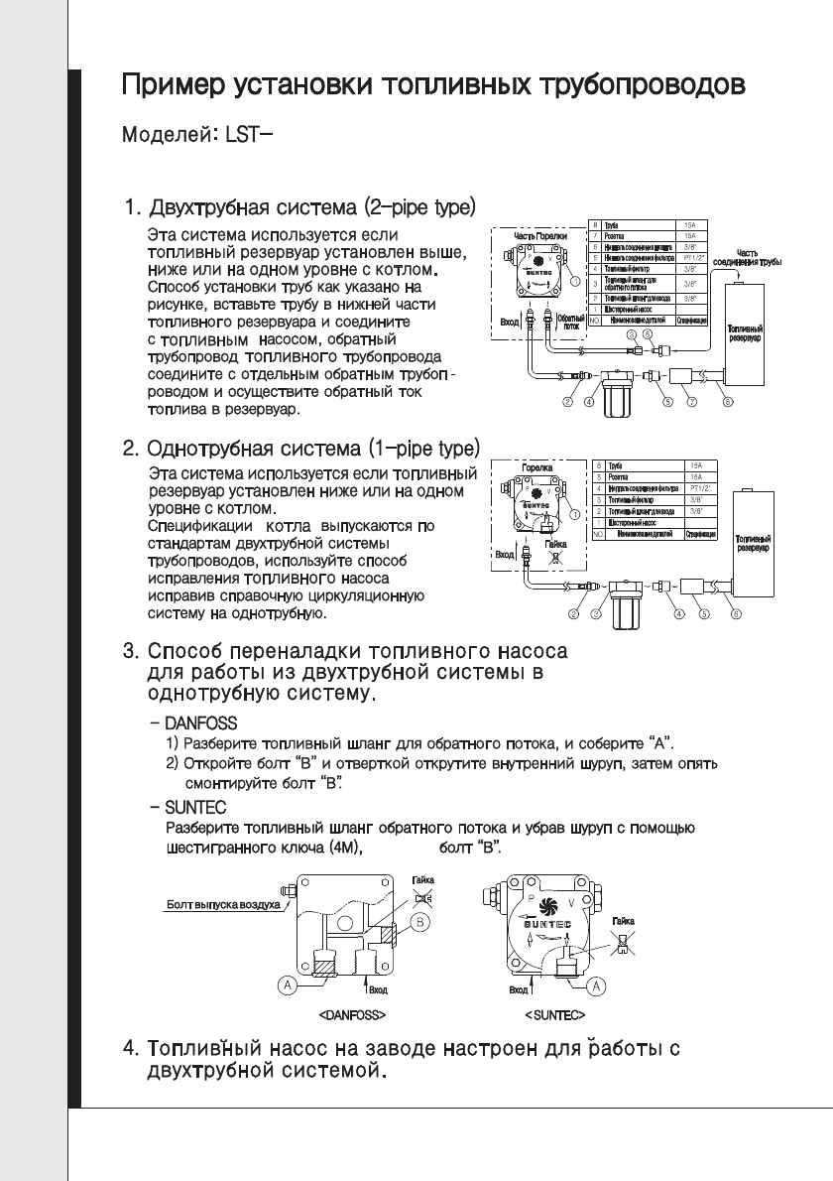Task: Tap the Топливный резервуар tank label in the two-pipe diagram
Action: [x=746, y=331]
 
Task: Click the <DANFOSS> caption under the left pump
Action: [x=351, y=1016]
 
